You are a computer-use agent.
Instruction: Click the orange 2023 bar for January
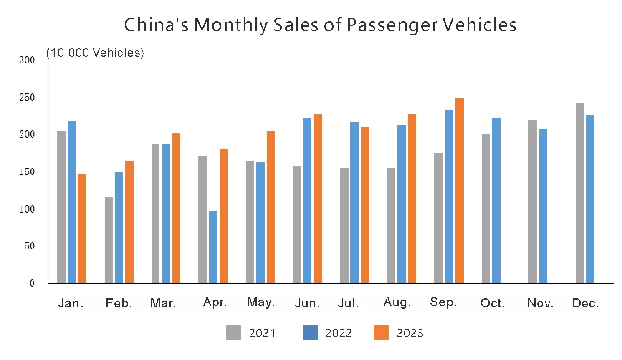[x=82, y=229]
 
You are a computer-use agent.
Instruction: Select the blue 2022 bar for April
[x=213, y=247]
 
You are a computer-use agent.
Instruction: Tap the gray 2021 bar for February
[x=109, y=240]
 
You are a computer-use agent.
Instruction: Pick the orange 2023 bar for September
[x=459, y=191]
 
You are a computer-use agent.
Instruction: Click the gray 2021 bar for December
[x=579, y=193]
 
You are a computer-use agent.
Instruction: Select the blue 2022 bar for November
[x=543, y=206]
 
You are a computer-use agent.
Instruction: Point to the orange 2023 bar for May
[x=271, y=207]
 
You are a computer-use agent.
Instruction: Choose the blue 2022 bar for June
[x=307, y=201]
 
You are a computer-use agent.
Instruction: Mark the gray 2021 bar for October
[x=485, y=209]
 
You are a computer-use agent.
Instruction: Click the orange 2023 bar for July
[x=365, y=205]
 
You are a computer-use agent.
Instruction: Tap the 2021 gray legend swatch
[x=233, y=333]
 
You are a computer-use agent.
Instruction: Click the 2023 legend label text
[x=410, y=333]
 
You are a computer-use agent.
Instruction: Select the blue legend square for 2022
[x=310, y=333]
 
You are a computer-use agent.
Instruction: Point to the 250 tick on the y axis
[x=27, y=98]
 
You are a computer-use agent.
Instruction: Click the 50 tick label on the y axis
[x=30, y=246]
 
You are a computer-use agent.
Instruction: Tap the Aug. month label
[x=397, y=302]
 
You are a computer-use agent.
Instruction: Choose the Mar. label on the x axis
[x=163, y=303]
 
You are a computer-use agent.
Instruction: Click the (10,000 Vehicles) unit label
[x=95, y=53]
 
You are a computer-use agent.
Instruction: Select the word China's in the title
[x=156, y=25]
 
